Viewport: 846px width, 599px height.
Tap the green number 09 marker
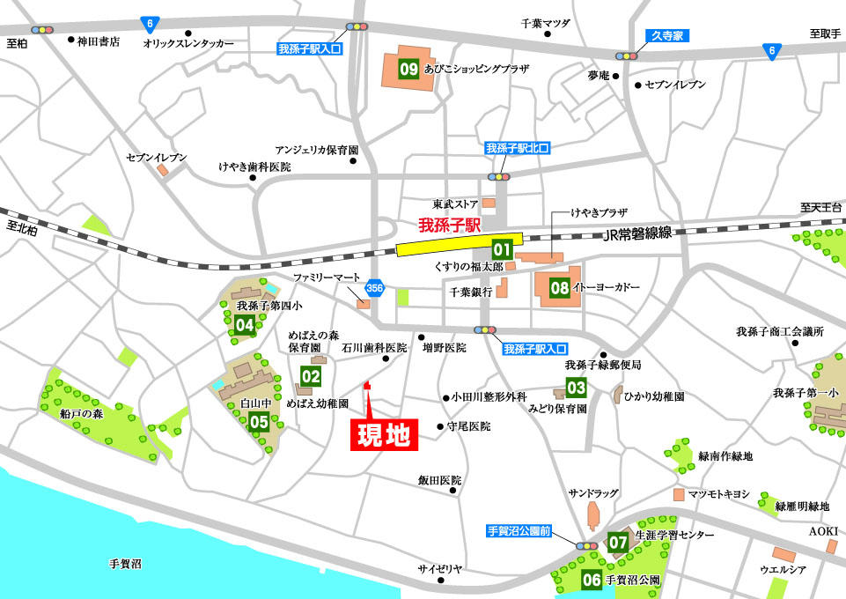tap(408, 69)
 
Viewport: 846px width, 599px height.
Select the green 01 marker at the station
tap(502, 249)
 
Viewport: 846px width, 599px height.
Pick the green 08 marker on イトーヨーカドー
tap(559, 287)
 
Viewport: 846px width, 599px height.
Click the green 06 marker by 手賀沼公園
tap(592, 580)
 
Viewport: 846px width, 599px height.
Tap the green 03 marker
tap(576, 387)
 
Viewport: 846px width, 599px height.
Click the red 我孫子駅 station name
tap(449, 226)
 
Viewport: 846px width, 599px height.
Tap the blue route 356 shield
tap(375, 287)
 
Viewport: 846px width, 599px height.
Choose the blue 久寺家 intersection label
tap(666, 36)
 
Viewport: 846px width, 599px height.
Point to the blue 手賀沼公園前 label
tap(519, 531)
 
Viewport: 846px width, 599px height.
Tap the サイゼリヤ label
tap(439, 569)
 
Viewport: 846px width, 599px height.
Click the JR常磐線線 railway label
tap(638, 233)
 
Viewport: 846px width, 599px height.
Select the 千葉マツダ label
tap(546, 23)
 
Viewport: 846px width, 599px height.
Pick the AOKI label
tap(823, 530)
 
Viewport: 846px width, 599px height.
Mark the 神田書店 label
tap(99, 40)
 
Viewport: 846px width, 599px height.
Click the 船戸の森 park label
tap(81, 412)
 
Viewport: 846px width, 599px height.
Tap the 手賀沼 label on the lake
tap(125, 563)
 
